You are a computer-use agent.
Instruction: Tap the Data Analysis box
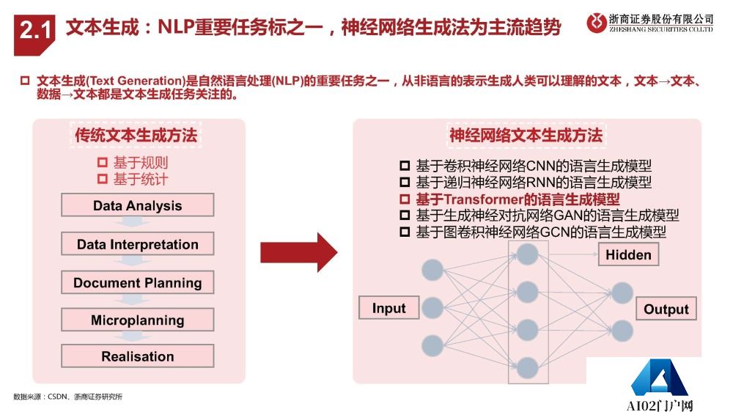137,205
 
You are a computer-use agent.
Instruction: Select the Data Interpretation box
137,244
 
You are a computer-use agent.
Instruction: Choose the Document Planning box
137,283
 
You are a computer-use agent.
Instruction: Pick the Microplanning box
137,320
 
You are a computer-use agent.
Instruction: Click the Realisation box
137,357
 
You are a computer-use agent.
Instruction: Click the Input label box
388,308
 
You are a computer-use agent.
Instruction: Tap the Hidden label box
628,254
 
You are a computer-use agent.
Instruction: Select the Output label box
666,309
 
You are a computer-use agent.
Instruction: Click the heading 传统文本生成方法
136,136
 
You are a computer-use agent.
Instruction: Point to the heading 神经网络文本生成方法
526,136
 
